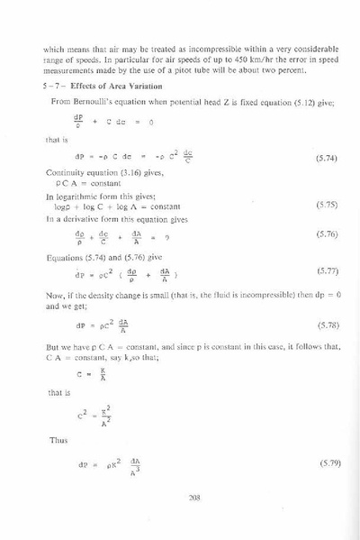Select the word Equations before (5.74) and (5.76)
[x=66, y=255]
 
